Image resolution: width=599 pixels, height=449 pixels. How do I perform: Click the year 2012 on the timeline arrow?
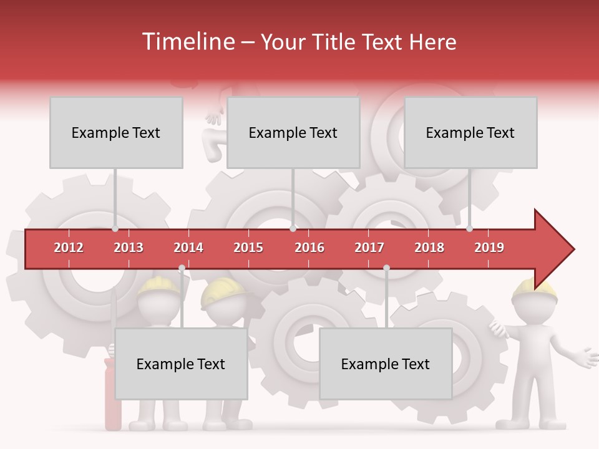pyautogui.click(x=69, y=248)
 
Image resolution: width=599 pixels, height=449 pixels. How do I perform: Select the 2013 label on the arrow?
pyautogui.click(x=129, y=248)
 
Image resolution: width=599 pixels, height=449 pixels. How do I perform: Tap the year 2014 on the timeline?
pyautogui.click(x=188, y=248)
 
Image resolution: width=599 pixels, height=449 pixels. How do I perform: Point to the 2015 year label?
pyautogui.click(x=248, y=248)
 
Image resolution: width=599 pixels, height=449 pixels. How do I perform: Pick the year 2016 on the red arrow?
pyautogui.click(x=309, y=248)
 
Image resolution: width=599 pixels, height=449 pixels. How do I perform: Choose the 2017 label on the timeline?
pyautogui.click(x=369, y=248)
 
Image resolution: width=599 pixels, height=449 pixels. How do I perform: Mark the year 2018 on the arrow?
pyautogui.click(x=429, y=248)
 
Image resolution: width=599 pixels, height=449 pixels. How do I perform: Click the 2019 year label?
pyautogui.click(x=489, y=248)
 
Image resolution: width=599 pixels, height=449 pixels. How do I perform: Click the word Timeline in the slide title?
pyautogui.click(x=187, y=42)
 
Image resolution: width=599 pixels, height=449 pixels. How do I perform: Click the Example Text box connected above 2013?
pyautogui.click(x=116, y=133)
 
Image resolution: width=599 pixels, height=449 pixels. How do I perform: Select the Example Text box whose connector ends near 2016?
pyautogui.click(x=293, y=133)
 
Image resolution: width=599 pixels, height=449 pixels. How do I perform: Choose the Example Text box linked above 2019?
pyautogui.click(x=470, y=133)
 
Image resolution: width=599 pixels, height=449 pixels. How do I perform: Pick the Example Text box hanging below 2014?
pyautogui.click(x=181, y=364)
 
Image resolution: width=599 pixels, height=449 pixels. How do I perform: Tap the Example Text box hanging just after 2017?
pyautogui.click(x=386, y=364)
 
